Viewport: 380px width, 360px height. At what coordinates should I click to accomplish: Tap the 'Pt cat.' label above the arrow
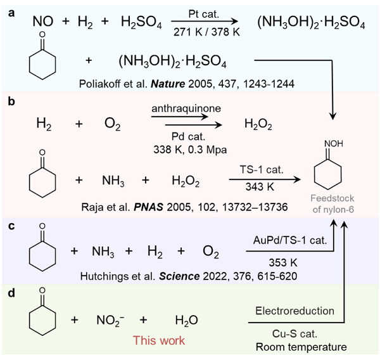[x=203, y=13]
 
